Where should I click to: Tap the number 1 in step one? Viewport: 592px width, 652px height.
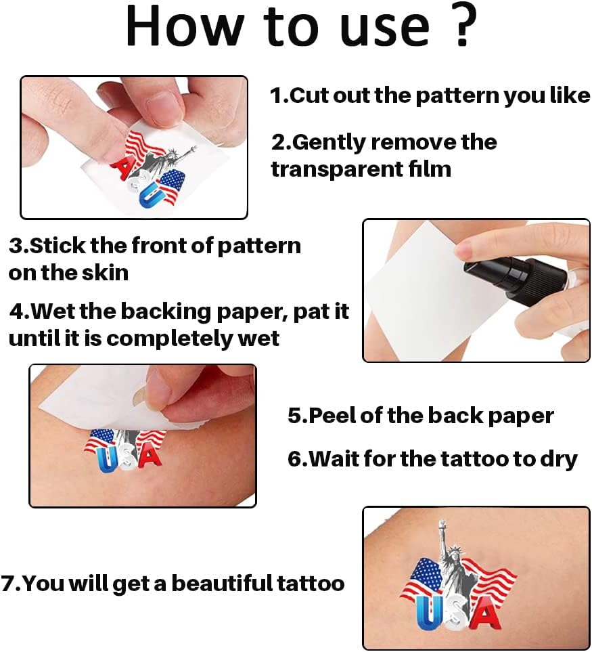point(276,95)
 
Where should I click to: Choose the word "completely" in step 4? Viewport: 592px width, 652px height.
point(170,339)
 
